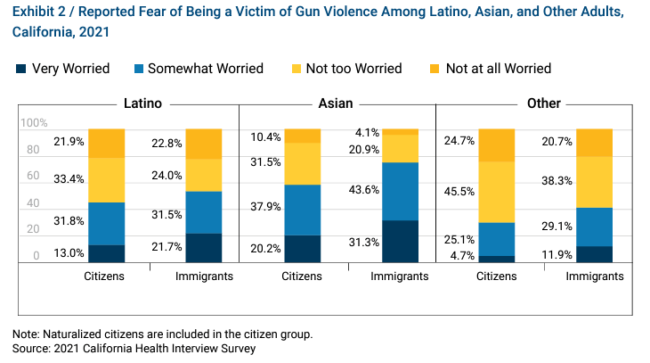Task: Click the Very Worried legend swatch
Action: point(20,69)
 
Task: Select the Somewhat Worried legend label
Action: point(205,69)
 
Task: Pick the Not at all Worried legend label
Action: point(498,69)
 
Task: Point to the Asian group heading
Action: point(337,103)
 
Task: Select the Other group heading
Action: point(543,103)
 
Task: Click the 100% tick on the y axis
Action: point(34,123)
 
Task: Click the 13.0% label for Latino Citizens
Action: point(69,254)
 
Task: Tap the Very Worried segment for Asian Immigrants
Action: point(400,241)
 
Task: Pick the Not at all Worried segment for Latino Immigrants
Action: point(204,144)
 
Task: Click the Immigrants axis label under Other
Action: point(595,276)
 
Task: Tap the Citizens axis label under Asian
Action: point(302,276)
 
